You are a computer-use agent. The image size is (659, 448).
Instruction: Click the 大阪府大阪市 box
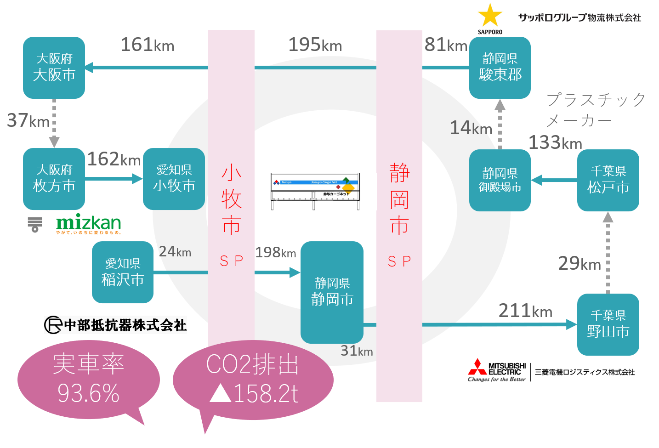[x=54, y=68]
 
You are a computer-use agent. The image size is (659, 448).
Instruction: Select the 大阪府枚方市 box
[x=54, y=179]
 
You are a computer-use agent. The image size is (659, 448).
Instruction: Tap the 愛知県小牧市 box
[x=174, y=179]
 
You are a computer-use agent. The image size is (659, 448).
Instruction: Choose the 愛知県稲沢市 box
[x=122, y=272]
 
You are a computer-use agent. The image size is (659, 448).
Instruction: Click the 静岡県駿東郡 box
[x=500, y=68]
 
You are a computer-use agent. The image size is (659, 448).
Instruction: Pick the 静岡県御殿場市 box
[x=500, y=180]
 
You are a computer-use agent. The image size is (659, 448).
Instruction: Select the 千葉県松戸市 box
[x=608, y=180]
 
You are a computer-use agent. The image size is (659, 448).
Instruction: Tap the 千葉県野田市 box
[x=608, y=324]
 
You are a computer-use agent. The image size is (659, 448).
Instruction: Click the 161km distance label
[x=148, y=45]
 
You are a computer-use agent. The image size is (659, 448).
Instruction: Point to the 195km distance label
[x=315, y=45]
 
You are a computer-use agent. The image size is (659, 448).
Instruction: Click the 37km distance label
[x=28, y=120]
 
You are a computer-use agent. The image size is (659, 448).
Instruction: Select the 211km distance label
[x=525, y=311]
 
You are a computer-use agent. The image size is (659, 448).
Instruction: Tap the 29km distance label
[x=579, y=263]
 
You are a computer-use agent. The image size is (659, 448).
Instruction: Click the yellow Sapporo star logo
[x=490, y=16]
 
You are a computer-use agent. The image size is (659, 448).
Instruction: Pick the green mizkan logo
[x=88, y=223]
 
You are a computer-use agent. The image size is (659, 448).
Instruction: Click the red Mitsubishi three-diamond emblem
[x=477, y=367]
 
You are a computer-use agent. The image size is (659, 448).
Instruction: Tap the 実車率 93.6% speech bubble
[x=88, y=380]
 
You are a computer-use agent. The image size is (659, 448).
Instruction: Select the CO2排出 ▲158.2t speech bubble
[x=253, y=380]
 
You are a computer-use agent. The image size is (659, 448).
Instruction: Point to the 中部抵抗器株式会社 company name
[x=116, y=325]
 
